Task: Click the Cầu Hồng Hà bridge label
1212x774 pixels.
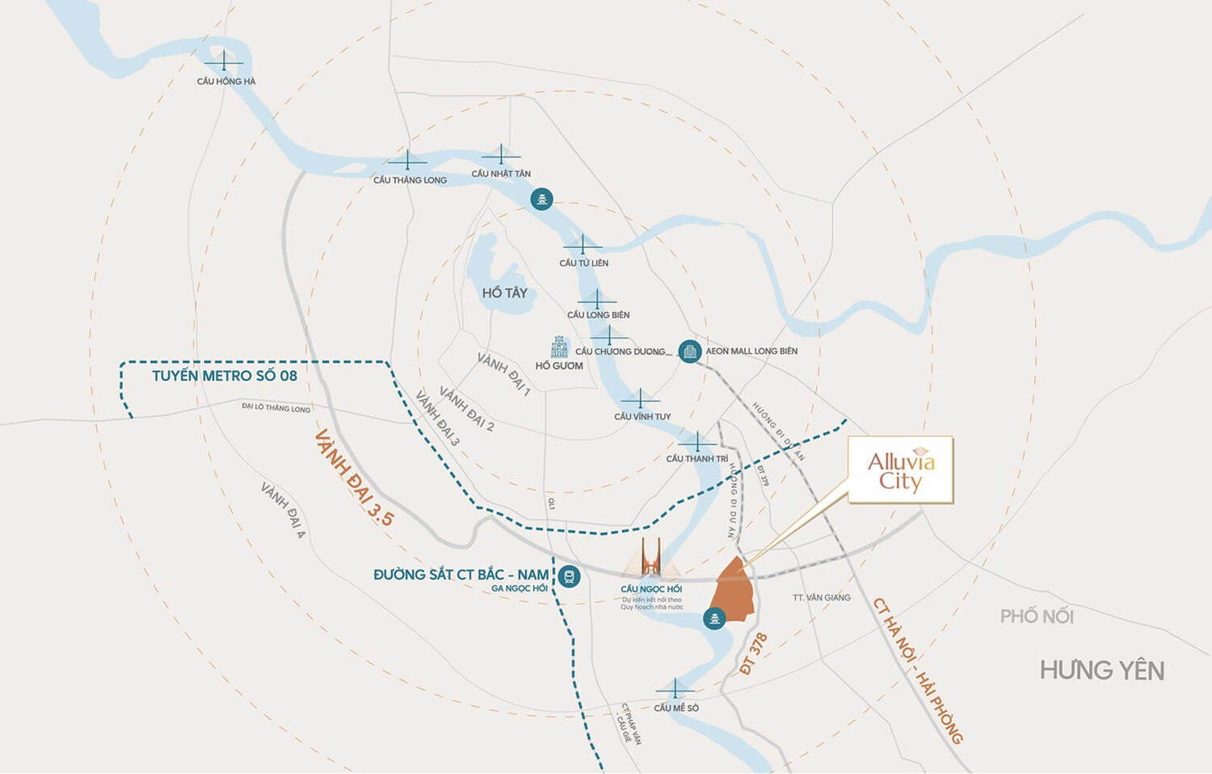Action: [225, 82]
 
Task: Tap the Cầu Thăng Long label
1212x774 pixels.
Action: [410, 180]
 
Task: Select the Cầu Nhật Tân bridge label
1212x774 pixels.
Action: [501, 174]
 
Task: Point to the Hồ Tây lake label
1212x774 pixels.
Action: [504, 293]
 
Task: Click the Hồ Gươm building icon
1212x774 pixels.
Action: [559, 347]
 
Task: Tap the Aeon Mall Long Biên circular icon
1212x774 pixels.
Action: [688, 351]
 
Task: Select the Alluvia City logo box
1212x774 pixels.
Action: [901, 470]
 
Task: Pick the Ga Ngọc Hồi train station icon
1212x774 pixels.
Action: [569, 576]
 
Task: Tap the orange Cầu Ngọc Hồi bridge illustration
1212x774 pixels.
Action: [651, 557]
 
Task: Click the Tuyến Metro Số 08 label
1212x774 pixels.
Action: [225, 376]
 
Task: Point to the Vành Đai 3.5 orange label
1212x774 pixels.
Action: [354, 477]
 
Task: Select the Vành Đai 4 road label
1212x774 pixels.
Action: [283, 511]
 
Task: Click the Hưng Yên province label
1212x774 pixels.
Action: [1101, 671]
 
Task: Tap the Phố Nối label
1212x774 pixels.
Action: [1037, 616]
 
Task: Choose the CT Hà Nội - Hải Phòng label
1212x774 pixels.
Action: [918, 671]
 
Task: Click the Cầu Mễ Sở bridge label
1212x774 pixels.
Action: [676, 708]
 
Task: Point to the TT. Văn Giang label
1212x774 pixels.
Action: [821, 598]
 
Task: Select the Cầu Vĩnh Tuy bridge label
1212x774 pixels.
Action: [642, 417]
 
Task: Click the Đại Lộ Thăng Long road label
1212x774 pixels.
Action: [276, 408]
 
